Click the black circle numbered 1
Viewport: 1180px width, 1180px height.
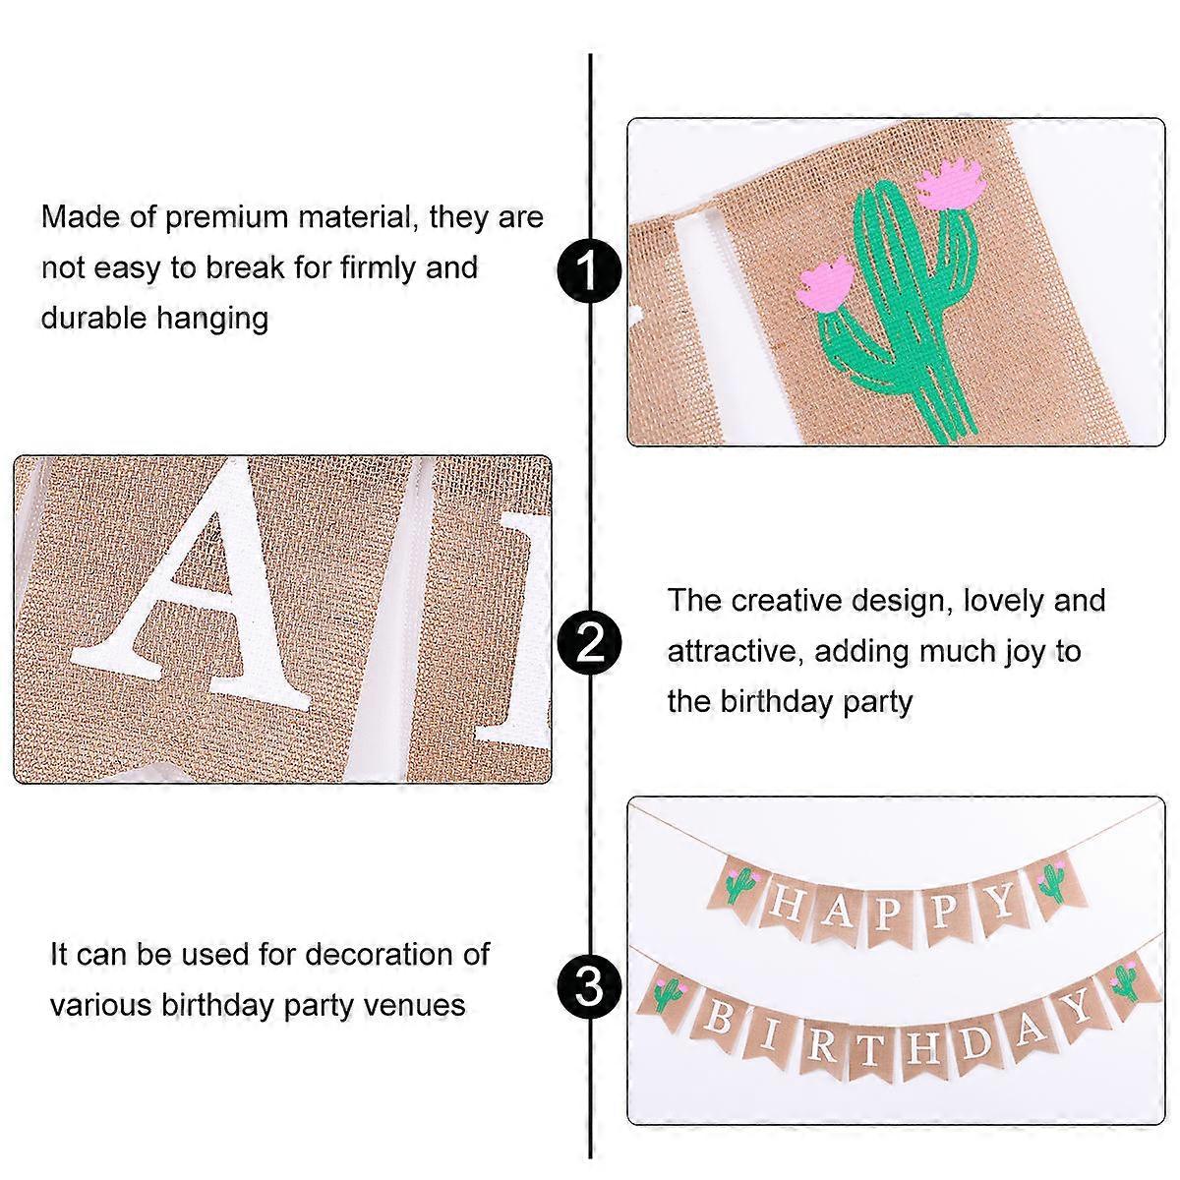589,270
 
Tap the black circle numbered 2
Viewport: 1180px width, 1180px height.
589,643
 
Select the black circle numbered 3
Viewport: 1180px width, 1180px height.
589,987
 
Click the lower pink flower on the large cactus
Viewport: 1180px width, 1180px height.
825,283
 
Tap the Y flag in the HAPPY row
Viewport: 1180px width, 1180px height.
1001,902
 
